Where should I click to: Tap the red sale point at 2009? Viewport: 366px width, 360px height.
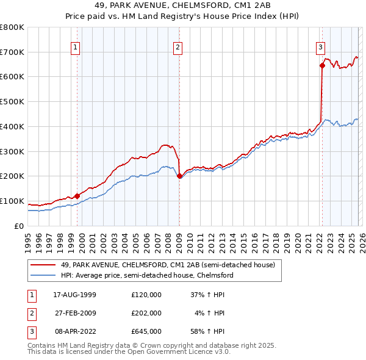pos(179,176)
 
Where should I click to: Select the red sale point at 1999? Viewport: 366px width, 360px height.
pos(77,196)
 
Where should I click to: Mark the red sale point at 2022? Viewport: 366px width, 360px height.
pos(321,65)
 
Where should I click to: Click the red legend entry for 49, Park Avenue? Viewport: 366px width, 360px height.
pos(168,265)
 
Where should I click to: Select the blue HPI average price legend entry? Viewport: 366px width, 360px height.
pos(147,276)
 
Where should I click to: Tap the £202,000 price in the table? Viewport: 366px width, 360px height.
pos(146,313)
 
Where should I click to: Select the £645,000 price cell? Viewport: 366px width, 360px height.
pos(146,332)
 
